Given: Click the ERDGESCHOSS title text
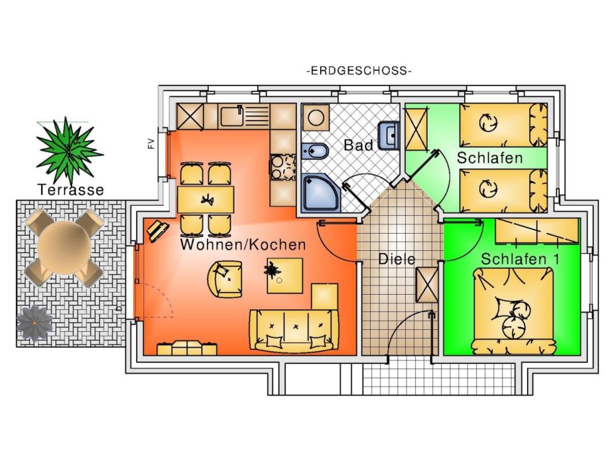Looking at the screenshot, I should [359, 71].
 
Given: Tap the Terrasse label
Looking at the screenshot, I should [71, 190].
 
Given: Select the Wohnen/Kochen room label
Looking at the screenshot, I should [243, 245].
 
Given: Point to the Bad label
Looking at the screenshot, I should [357, 145].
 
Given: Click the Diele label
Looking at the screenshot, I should [396, 259].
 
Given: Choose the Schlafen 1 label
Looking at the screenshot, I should [520, 259].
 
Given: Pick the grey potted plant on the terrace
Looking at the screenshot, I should [34, 323].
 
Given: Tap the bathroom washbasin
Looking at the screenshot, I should [389, 135].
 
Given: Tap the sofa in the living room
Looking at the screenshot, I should [290, 330].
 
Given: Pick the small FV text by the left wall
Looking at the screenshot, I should [151, 144].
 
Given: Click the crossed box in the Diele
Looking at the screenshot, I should [425, 283].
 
